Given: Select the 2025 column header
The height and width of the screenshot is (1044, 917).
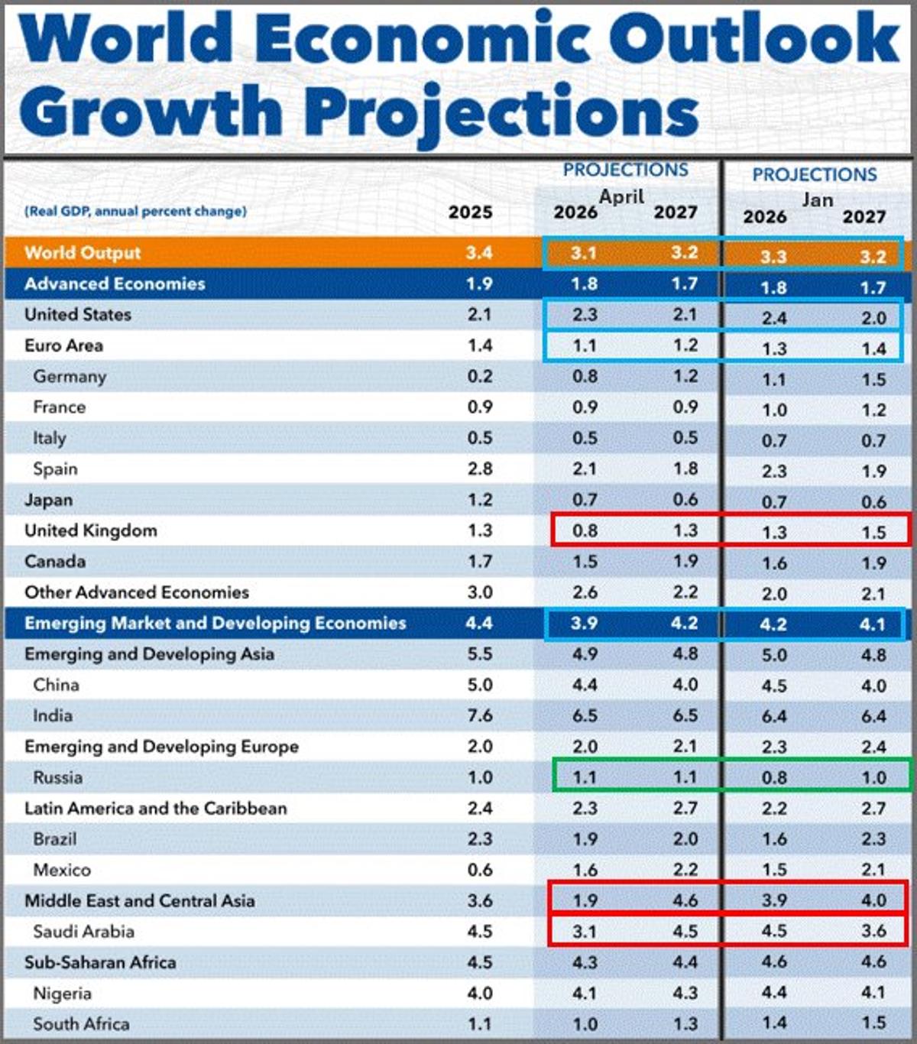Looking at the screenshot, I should click(x=470, y=212).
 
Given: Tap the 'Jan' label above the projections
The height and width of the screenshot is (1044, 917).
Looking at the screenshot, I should click(x=816, y=199).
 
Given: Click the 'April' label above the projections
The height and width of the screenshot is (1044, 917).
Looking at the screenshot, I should click(x=621, y=196).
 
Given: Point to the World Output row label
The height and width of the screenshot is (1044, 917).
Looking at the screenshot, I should click(x=83, y=253).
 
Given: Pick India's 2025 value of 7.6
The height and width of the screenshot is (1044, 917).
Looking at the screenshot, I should click(x=479, y=715).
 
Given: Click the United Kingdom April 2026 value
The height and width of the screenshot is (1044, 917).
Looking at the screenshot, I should click(x=585, y=530).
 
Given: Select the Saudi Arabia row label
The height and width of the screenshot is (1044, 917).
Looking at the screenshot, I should click(x=83, y=932).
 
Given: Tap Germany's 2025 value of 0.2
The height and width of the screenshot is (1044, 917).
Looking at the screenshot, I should click(x=479, y=376).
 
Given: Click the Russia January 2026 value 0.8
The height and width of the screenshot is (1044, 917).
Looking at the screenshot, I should click(x=773, y=778).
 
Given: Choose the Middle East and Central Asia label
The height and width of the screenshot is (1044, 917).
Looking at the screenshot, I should click(x=139, y=901).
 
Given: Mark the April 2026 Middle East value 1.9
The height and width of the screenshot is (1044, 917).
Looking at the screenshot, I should click(x=585, y=901).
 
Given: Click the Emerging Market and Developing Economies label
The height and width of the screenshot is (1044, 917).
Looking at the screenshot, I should click(x=215, y=623).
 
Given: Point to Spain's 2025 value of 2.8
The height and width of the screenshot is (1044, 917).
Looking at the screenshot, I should click(x=479, y=469).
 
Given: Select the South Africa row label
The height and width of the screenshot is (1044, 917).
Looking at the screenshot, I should click(x=81, y=1024).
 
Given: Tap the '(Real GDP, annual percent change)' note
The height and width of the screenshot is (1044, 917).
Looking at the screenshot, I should click(x=135, y=211).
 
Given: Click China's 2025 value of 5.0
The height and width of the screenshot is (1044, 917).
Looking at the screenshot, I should click(x=479, y=685).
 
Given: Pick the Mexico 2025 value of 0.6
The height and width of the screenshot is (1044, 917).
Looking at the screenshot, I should click(x=479, y=870).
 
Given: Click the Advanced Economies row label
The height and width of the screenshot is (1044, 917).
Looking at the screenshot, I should click(x=115, y=284).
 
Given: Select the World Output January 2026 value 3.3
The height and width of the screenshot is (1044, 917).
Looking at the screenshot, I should click(x=773, y=257).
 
